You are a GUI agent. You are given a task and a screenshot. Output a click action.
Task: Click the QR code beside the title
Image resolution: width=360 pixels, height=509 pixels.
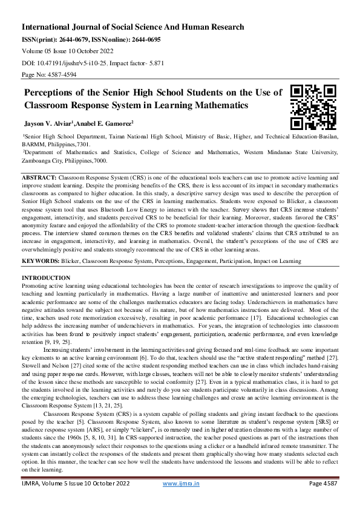point(313,108)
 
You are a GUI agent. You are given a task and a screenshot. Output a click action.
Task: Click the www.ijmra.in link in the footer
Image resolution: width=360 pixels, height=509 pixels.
point(182,501)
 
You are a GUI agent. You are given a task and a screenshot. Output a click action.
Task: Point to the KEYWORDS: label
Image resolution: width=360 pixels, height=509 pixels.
point(41,261)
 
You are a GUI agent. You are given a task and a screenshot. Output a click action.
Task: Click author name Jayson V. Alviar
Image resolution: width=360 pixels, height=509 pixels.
point(47,123)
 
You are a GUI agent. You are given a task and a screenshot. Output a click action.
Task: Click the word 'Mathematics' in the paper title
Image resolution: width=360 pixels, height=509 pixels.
point(216,105)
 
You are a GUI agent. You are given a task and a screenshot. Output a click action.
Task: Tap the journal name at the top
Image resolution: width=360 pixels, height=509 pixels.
point(133,27)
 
